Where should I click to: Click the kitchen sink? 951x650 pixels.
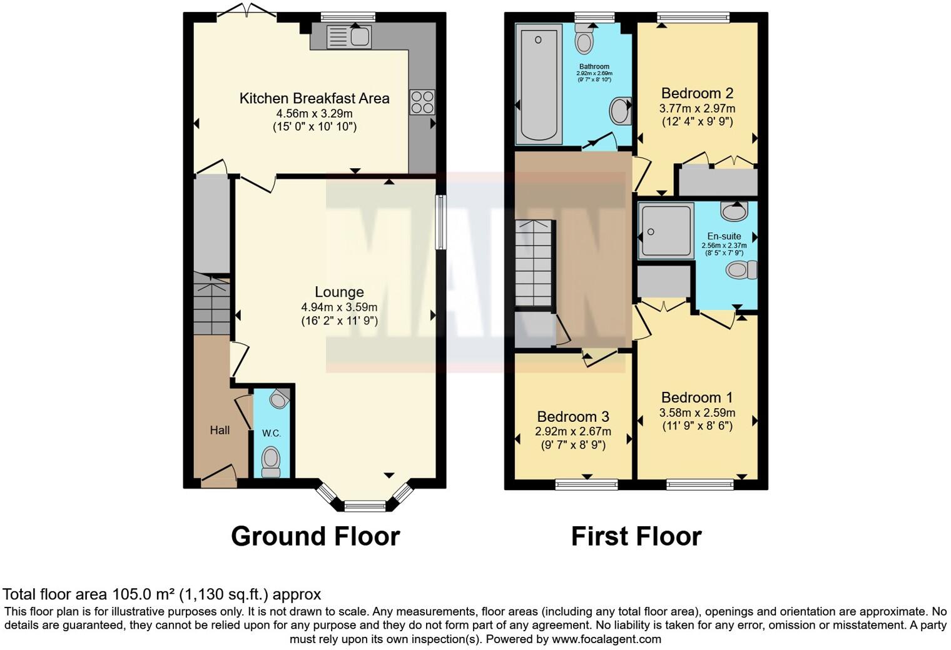click(x=349, y=37)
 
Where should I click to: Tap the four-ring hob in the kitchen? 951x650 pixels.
click(x=422, y=102)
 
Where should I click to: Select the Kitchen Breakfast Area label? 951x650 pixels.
click(x=314, y=98)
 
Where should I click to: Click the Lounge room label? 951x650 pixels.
click(x=339, y=292)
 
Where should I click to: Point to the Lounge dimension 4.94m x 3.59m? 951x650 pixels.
click(x=339, y=307)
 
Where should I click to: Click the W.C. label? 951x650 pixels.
click(x=271, y=433)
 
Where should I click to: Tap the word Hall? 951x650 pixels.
click(x=220, y=430)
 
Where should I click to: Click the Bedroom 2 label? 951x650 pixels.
click(x=697, y=94)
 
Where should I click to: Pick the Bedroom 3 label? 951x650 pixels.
click(x=572, y=417)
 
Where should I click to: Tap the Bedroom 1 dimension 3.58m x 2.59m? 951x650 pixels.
click(x=697, y=413)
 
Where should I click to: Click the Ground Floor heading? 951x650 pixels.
click(x=315, y=536)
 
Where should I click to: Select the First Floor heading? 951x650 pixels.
click(x=636, y=536)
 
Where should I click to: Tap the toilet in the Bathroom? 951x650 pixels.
click(x=584, y=40)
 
